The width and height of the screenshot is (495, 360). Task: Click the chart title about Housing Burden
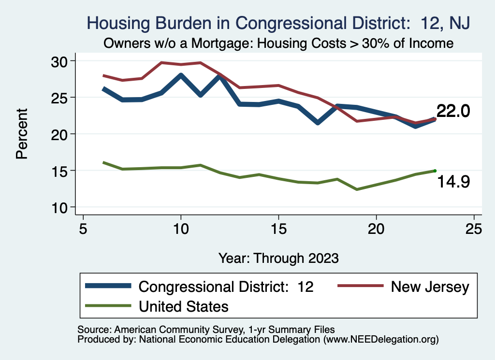278,23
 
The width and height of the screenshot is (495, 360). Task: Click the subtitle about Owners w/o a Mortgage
278,43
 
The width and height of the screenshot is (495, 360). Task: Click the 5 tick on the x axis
83,228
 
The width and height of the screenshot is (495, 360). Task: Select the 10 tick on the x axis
181,228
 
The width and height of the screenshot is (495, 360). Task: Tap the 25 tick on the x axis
474,228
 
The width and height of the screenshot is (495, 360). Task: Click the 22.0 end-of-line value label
453,111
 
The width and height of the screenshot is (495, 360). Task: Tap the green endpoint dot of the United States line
435,171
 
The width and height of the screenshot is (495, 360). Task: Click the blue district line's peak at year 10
181,75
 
